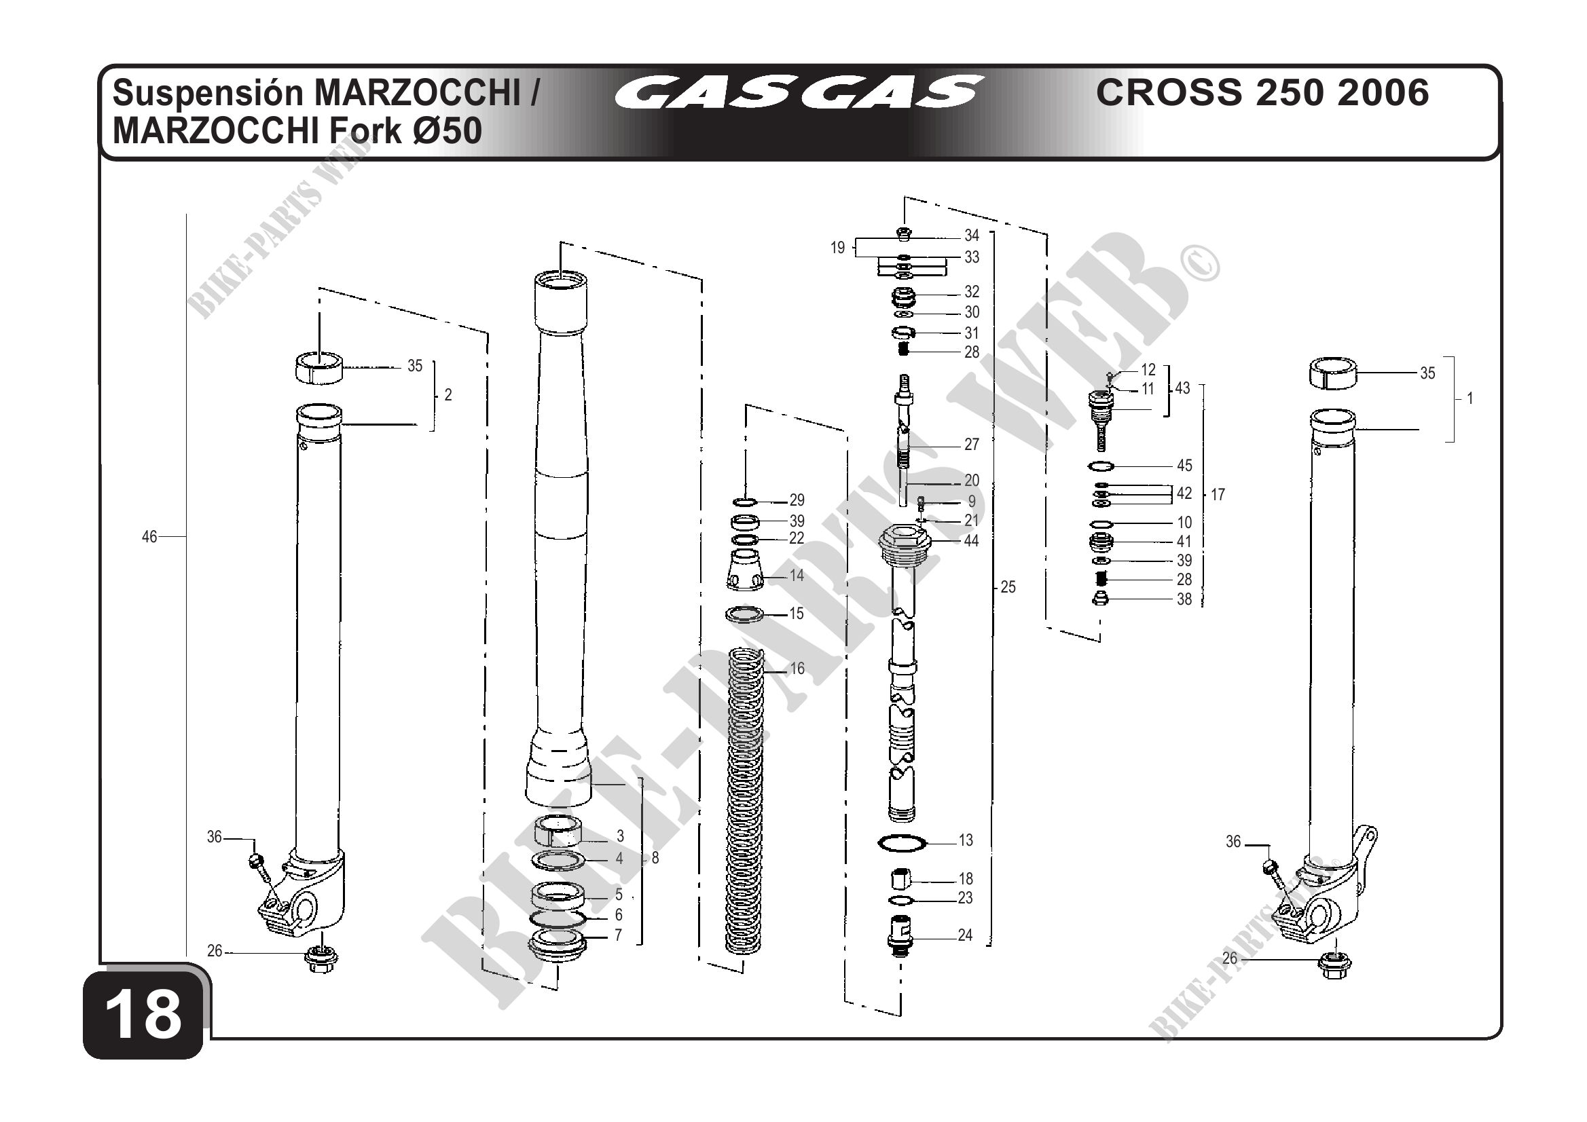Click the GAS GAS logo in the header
pyautogui.click(x=799, y=92)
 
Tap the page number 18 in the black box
pyautogui.click(x=144, y=1015)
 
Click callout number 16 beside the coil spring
pyautogui.click(x=797, y=669)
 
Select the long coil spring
pyautogui.click(x=744, y=802)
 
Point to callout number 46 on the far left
pyautogui.click(x=149, y=536)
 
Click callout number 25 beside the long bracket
pyautogui.click(x=1008, y=586)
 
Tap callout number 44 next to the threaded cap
pyautogui.click(x=971, y=540)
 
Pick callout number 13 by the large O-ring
pyautogui.click(x=966, y=840)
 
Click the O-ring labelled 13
pyautogui.click(x=902, y=843)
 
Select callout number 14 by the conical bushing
pyautogui.click(x=797, y=575)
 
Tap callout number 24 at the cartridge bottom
pyautogui.click(x=965, y=935)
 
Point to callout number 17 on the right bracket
pyautogui.click(x=1218, y=494)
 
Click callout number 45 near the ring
pyautogui.click(x=1184, y=465)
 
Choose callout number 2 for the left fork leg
pyautogui.click(x=448, y=394)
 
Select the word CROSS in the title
pyautogui.click(x=1169, y=92)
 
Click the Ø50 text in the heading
pyautogui.click(x=448, y=131)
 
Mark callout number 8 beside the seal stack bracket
pyautogui.click(x=655, y=858)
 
